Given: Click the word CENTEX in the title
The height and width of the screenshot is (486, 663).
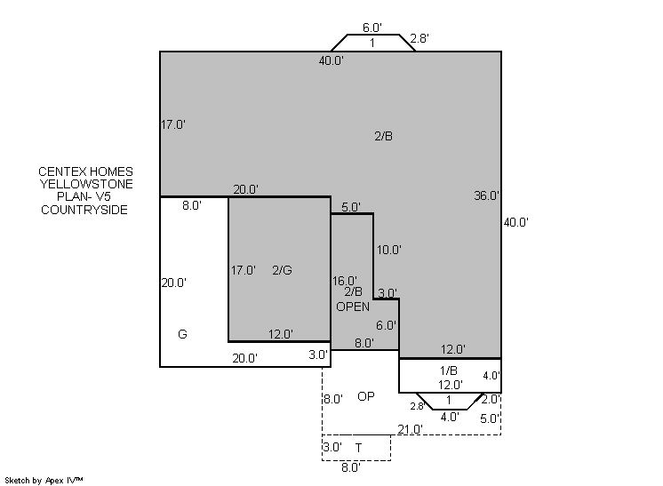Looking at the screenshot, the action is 59,171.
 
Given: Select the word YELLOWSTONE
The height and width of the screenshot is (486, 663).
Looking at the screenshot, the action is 86,184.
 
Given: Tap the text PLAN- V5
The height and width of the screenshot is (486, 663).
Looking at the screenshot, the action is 84,196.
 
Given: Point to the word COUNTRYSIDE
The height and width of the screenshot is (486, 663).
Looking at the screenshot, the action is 84,210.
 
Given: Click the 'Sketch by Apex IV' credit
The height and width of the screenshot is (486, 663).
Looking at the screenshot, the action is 44,480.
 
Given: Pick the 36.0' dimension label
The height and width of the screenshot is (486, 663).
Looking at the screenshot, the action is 486,195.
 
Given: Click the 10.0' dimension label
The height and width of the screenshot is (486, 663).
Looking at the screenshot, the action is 388,250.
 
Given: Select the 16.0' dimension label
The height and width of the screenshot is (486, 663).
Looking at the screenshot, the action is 344,281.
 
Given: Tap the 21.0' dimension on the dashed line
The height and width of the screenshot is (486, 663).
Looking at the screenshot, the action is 410,429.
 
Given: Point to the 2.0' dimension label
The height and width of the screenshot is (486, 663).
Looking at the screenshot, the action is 491,399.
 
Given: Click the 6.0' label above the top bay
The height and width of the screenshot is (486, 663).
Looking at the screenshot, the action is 372,28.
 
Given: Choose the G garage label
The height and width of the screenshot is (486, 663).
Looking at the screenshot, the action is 182,334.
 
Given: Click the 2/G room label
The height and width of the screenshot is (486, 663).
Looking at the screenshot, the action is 282,270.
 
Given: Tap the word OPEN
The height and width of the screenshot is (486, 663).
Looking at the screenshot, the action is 353,307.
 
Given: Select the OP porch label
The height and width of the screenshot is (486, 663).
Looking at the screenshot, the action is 366,396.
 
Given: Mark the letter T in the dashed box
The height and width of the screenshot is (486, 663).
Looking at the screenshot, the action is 358,448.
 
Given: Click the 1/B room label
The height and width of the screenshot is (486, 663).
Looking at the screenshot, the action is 449,370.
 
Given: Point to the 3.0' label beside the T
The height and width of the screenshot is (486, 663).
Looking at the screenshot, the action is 332,447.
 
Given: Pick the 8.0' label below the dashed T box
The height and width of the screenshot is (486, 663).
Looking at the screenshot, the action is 351,467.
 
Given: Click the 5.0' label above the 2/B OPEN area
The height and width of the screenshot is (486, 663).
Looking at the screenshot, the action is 351,207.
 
